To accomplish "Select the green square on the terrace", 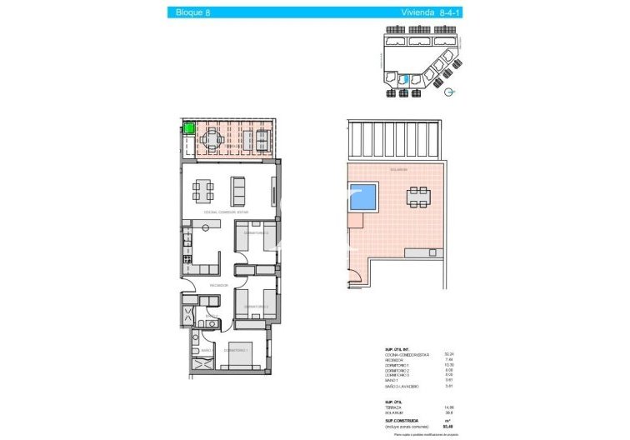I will click(188, 128).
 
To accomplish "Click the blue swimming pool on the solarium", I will click(362, 197).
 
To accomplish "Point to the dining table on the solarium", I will click(418, 197).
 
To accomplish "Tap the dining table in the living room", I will click(203, 192).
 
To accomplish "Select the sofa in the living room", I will click(238, 192).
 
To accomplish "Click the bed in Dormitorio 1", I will click(238, 355).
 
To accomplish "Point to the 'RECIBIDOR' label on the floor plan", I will click(219, 284).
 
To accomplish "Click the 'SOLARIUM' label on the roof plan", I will click(398, 169).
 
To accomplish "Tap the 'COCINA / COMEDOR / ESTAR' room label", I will click(226, 212).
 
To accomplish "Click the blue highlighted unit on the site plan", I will click(404, 80).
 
